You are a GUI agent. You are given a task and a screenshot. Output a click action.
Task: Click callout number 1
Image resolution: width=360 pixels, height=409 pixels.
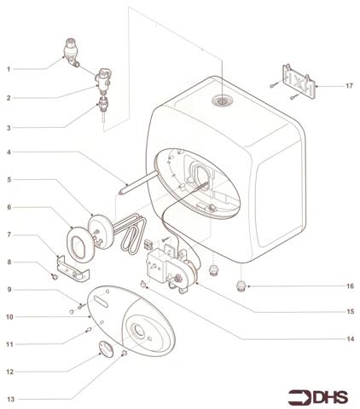point(9,68)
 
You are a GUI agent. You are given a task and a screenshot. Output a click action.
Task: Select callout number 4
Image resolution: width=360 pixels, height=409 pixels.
point(9,153)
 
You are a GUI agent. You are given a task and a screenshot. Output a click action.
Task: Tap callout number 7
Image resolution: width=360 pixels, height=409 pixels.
point(9,234)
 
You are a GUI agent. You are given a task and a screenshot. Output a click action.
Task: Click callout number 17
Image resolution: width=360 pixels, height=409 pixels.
point(349,86)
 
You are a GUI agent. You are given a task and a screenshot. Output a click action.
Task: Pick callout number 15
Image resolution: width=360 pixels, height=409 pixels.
point(349,313)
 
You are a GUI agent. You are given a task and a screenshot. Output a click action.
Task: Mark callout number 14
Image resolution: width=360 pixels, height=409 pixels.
point(349,338)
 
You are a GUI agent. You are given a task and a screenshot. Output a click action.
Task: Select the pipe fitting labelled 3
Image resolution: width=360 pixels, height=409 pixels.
point(104,106)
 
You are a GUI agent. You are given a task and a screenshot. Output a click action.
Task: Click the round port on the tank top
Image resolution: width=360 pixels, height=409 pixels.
point(224,101)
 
